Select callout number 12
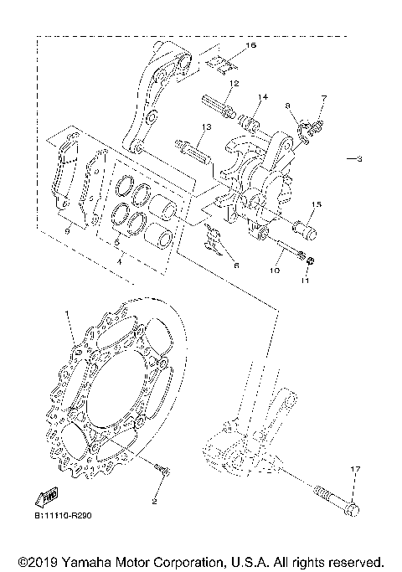pyautogui.click(x=234, y=83)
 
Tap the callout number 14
pyautogui.click(x=262, y=97)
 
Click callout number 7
pyautogui.click(x=324, y=98)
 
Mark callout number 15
pyautogui.click(x=317, y=204)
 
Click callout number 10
pyautogui.click(x=275, y=271)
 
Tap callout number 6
pyautogui.click(x=236, y=265)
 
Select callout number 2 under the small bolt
pyautogui.click(x=153, y=502)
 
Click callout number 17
pyautogui.click(x=354, y=469)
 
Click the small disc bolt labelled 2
pyautogui.click(x=162, y=475)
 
